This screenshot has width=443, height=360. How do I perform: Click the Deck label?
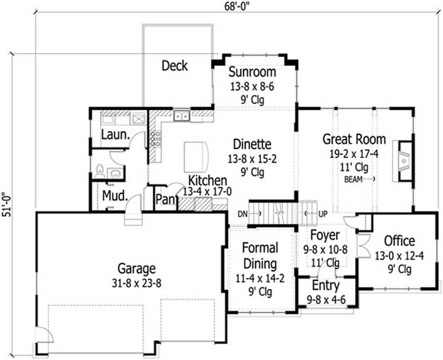tap(174, 66)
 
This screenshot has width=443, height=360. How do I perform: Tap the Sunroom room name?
tap(252, 72)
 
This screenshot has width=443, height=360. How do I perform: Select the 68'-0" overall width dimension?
tap(237, 6)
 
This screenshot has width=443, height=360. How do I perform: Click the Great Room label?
tap(354, 139)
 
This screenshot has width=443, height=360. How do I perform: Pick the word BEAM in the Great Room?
tap(353, 179)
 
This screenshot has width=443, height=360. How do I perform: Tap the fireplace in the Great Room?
tap(403, 161)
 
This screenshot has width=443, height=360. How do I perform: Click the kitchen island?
tap(196, 157)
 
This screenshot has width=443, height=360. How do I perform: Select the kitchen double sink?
tap(181, 116)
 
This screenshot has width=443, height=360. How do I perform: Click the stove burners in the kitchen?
tap(155, 138)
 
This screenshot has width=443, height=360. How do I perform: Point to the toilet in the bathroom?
tap(100, 171)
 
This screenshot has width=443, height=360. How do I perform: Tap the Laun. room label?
tap(116, 135)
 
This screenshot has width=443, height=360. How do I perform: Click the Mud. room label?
tap(115, 196)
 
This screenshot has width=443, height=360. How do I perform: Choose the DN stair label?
tap(242, 214)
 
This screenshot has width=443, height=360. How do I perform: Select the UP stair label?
tap(323, 214)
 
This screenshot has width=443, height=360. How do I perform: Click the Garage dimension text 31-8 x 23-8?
tap(137, 283)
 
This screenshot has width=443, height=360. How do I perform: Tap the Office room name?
tap(400, 241)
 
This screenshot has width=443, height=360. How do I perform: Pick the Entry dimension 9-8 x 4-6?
tap(326, 300)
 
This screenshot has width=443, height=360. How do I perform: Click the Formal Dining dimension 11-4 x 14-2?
tap(260, 279)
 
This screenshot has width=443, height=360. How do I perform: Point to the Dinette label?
tap(252, 144)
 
